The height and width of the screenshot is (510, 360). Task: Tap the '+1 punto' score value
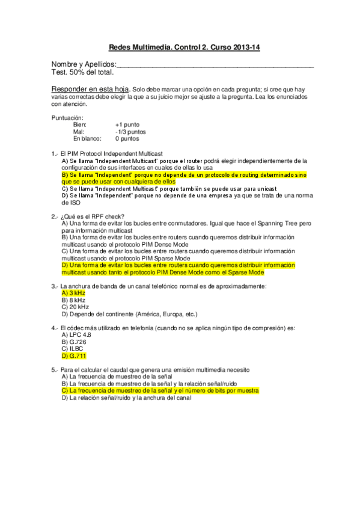point(127,124)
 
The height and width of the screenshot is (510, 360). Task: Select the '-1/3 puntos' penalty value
point(130,132)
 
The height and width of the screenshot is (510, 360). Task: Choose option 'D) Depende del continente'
point(129,314)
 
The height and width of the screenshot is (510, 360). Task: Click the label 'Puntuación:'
point(68,117)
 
